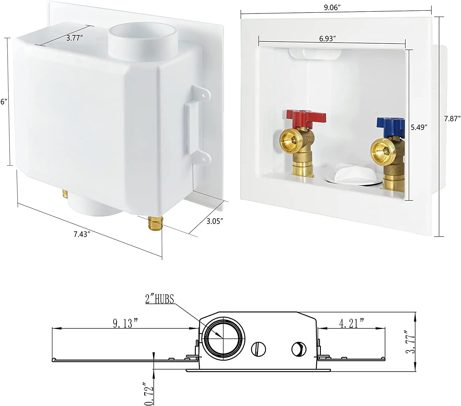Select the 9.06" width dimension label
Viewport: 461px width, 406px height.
pos(331,8)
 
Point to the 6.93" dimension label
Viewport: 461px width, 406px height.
pos(327,38)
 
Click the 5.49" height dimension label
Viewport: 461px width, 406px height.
pos(419,127)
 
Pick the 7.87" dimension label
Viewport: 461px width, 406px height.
pos(452,118)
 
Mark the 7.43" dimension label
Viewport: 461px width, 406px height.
pos(82,234)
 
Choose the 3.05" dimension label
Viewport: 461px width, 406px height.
pos(214,221)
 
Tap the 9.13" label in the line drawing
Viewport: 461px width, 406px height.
pos(125,323)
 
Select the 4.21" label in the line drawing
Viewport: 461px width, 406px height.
pos(352,323)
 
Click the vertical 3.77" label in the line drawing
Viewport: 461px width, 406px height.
pos(410,342)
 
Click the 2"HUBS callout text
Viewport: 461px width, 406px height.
pos(160,299)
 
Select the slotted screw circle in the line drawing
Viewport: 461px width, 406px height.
pos(258,349)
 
